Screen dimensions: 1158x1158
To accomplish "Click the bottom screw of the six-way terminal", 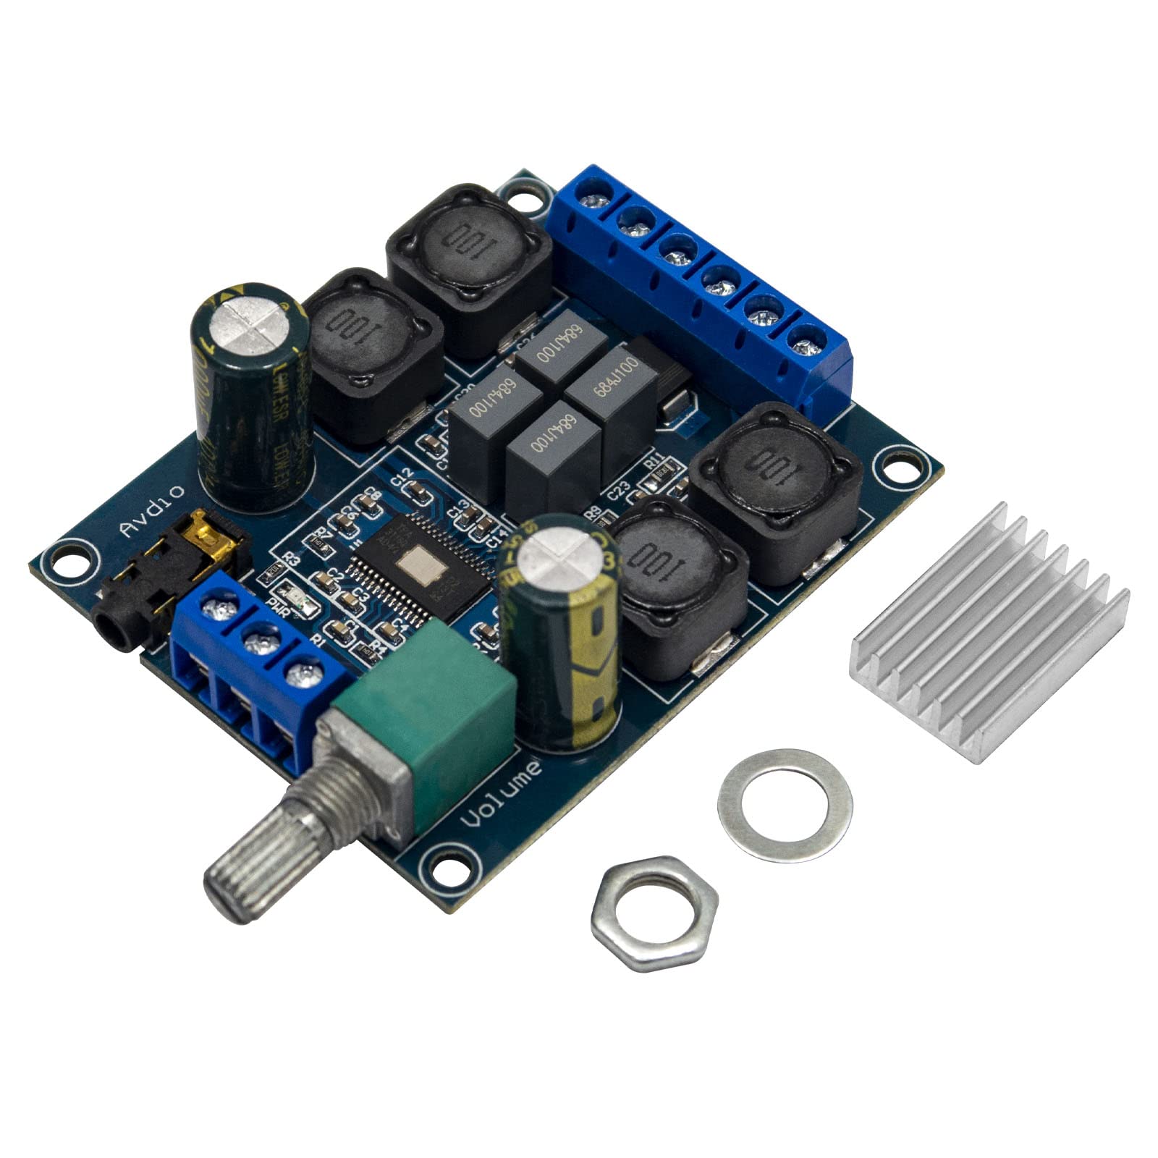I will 803,340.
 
